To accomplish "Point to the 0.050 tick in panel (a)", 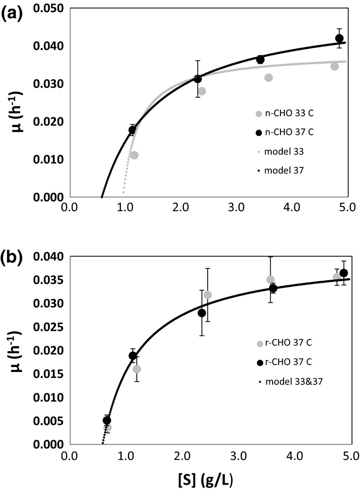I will point(48,9).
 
